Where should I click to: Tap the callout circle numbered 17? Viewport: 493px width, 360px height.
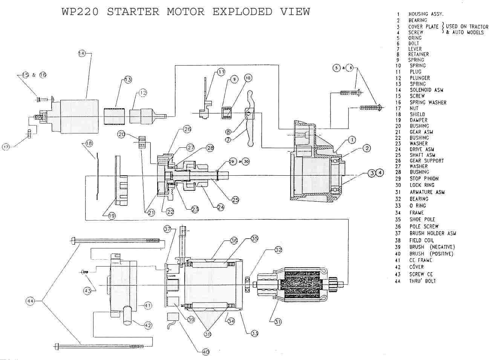point(6,147)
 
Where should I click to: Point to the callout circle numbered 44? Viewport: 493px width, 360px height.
point(30,301)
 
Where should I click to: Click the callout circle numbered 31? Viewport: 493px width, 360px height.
point(278,322)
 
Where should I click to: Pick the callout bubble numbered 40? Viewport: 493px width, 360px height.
point(206,352)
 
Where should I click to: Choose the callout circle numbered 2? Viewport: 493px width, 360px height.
point(367,149)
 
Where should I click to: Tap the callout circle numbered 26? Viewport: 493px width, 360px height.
point(187,129)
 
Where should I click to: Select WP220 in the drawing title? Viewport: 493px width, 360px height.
point(80,12)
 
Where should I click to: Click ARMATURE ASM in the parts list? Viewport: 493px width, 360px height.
point(427,192)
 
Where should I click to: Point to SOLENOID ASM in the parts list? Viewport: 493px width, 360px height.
point(426,90)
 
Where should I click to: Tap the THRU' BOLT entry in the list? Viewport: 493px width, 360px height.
point(423,281)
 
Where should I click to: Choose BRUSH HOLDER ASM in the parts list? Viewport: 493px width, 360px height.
point(433,233)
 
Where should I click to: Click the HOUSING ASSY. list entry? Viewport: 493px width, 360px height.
point(426,14)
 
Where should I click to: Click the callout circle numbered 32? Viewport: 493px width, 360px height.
point(279,250)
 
